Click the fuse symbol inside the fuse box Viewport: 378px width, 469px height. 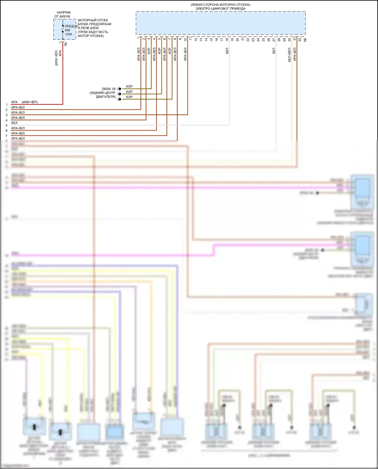[x=63, y=30]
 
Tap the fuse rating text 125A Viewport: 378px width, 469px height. [x=68, y=34]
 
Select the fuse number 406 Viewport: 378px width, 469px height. [x=67, y=30]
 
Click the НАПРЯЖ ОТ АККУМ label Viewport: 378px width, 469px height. [x=63, y=14]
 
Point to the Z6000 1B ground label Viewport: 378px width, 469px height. [x=109, y=89]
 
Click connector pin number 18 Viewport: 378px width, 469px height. [x=227, y=39]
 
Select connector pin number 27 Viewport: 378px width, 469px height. [x=274, y=39]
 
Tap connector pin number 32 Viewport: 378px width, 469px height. [x=300, y=39]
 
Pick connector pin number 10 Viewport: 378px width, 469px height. [x=185, y=39]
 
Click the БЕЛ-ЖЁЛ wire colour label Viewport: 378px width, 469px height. [x=289, y=55]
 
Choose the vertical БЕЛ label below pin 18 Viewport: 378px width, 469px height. [x=227, y=51]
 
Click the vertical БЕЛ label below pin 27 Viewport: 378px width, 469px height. [x=274, y=51]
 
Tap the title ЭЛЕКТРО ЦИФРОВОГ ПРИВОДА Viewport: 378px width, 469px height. [x=220, y=9]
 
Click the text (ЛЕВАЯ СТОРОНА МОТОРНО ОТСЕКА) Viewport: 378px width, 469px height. [x=220, y=5]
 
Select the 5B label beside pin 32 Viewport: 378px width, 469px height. [x=305, y=40]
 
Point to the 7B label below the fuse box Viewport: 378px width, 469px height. [x=66, y=44]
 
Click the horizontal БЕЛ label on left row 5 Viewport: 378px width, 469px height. [x=15, y=123]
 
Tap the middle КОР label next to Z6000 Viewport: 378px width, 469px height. [x=129, y=92]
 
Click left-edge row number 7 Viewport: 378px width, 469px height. [x=7, y=136]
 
